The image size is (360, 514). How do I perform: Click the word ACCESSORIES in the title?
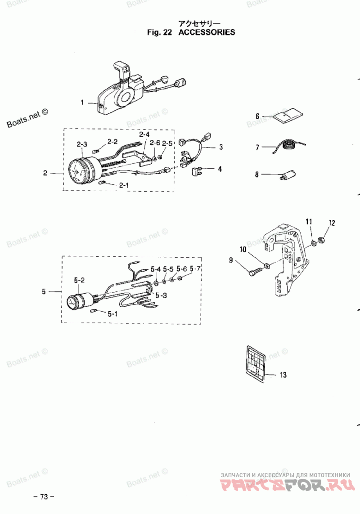tap(207, 32)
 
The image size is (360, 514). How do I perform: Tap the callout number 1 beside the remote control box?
tap(82, 103)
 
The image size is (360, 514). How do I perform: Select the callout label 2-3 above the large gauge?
tap(82, 144)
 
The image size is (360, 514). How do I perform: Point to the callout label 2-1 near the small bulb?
tap(124, 186)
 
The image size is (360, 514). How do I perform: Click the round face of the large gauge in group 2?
tap(77, 171)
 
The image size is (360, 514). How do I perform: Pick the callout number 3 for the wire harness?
tap(221, 147)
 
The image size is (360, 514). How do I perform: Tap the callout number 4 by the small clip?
tap(220, 169)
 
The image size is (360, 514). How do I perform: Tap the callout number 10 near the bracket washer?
tap(243, 250)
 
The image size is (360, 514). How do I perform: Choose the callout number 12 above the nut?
tap(332, 223)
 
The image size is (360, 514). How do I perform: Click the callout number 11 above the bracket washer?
tap(309, 222)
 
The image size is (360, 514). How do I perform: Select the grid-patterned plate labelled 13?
tap(255, 363)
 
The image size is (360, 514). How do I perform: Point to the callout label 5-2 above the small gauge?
tap(79, 280)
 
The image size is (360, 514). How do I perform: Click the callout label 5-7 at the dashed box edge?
tap(195, 269)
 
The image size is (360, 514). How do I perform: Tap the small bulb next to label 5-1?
tap(93, 310)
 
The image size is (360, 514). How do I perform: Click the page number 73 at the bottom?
tap(44, 496)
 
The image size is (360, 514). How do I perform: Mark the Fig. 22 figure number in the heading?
tap(159, 32)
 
